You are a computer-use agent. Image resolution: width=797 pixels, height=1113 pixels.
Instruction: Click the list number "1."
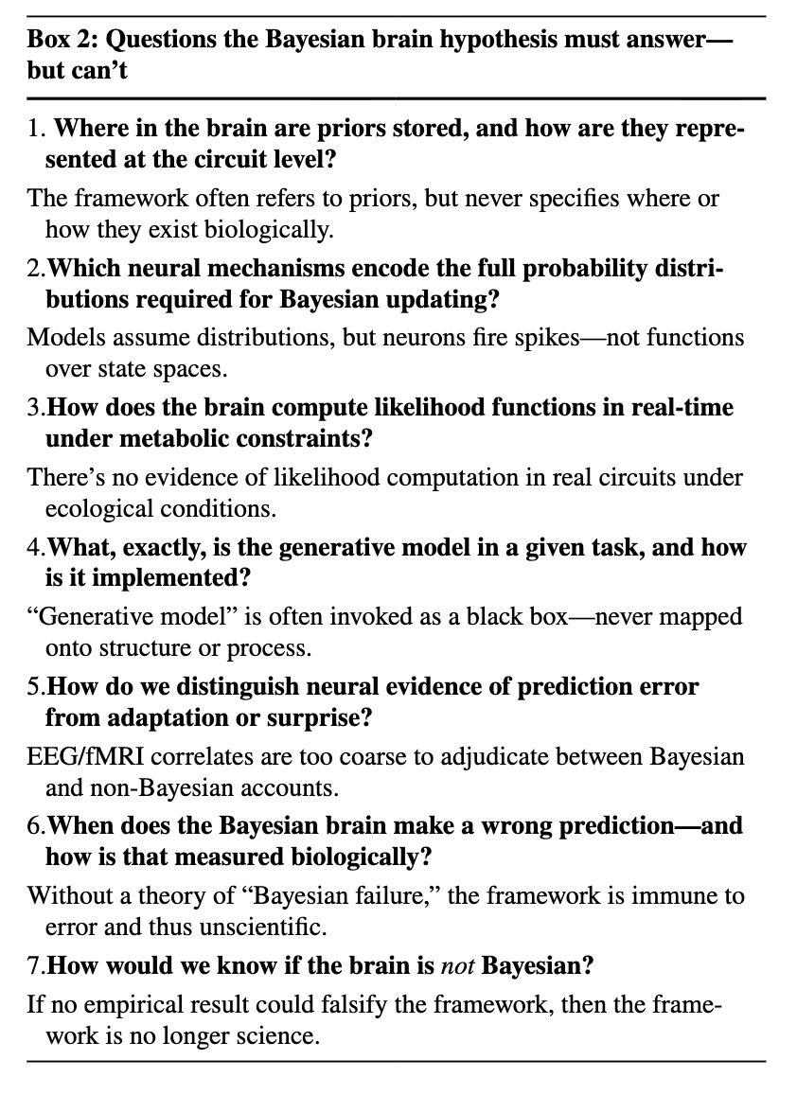[37, 129]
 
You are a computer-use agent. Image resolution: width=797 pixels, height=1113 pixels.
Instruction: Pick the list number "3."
[37, 408]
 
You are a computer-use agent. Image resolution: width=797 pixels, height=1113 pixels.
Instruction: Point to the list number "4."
[37, 548]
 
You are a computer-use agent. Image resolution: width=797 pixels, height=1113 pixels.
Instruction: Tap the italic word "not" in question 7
[458, 966]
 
